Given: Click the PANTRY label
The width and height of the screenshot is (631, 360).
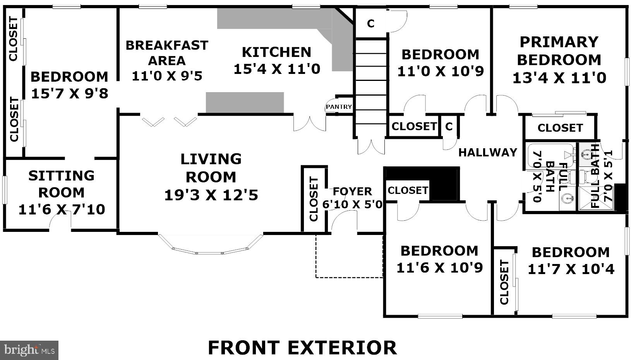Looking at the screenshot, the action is [339, 107].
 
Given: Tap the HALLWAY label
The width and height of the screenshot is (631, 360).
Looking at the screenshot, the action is [488, 153].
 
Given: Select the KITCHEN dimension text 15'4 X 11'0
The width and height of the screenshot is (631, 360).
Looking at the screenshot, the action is [277, 69].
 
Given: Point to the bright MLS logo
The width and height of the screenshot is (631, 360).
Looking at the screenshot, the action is [29, 350].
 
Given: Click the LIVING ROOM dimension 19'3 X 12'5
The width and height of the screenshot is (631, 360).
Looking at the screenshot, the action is [211, 195].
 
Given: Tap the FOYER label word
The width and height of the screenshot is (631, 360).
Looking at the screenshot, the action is [352, 192].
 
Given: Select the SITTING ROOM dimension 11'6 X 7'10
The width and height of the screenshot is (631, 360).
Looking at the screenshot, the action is [62, 209].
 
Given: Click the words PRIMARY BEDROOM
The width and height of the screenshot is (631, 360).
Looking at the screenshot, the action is [559, 51].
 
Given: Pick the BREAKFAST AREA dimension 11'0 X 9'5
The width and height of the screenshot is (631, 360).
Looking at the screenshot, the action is [167, 76].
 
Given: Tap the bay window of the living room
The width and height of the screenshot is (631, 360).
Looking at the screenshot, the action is [211, 245].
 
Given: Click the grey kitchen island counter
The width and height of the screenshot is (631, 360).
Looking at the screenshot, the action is [245, 103].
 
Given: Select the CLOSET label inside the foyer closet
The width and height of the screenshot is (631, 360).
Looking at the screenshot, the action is [314, 199].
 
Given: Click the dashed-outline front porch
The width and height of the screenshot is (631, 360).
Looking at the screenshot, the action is [349, 256].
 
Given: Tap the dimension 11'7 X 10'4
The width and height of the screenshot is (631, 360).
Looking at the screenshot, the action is [571, 269].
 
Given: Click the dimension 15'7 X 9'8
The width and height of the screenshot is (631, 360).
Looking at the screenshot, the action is [70, 94].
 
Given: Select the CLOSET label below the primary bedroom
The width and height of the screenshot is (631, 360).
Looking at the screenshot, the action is [560, 128].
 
